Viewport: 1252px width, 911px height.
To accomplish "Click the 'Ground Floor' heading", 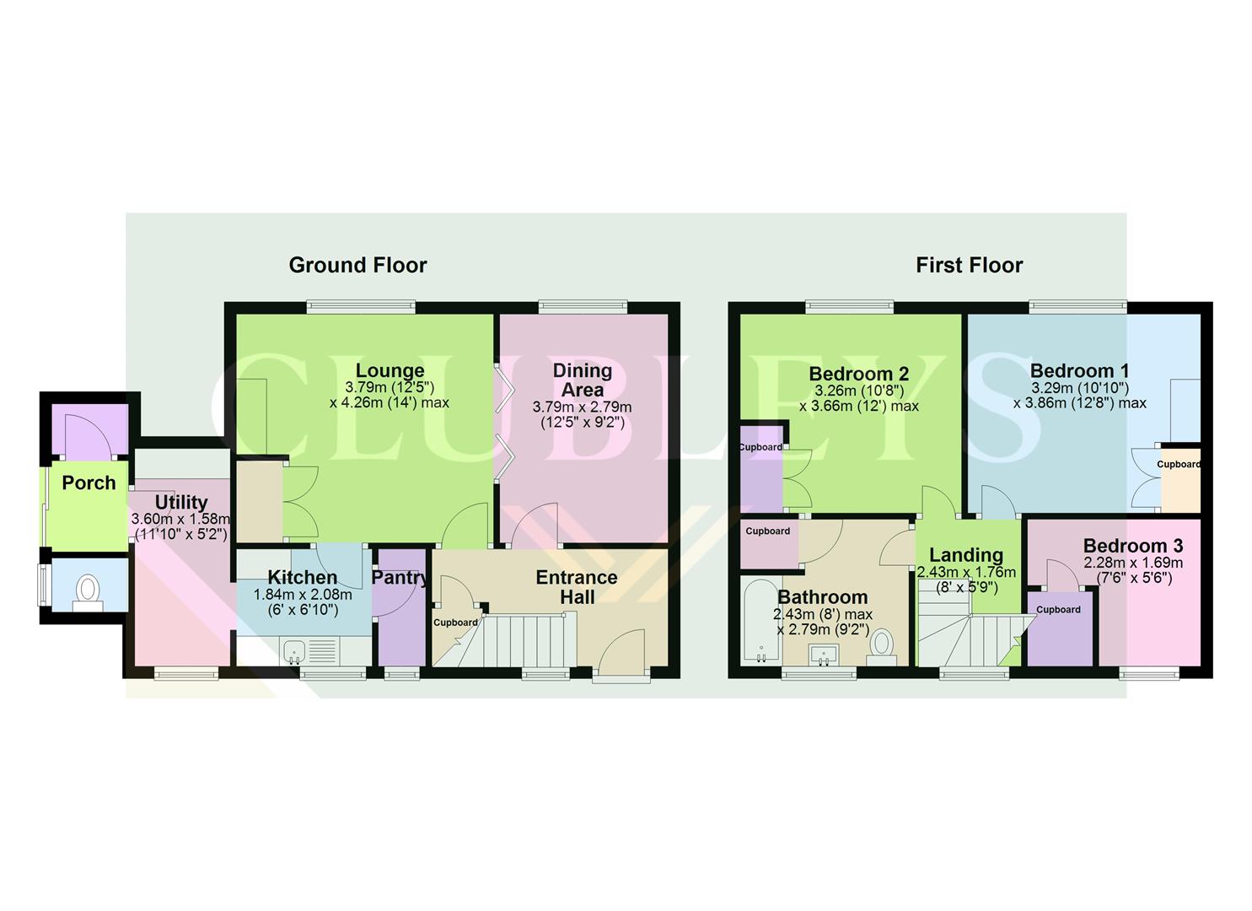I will [357, 265].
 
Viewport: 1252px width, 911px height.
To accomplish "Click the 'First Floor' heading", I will [969, 265].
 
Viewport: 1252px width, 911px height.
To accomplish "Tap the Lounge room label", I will [390, 370].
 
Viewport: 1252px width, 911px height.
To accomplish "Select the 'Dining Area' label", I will [582, 380].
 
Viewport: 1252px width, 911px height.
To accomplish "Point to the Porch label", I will [89, 482].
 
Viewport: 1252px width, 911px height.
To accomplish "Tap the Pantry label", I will [400, 578].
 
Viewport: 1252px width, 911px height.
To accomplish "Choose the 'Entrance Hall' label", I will [577, 587].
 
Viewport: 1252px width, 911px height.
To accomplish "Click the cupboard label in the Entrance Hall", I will [455, 623].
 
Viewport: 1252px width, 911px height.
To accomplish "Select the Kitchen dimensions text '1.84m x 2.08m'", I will [303, 595].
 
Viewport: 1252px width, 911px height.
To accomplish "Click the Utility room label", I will [180, 503].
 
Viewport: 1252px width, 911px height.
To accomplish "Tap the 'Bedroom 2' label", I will [858, 374].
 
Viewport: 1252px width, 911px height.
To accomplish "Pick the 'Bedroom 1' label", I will [1079, 370].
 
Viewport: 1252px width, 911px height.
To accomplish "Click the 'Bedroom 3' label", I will [1132, 546].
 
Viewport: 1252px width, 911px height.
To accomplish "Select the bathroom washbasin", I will [819, 653].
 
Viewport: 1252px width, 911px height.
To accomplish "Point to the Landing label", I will [965, 555].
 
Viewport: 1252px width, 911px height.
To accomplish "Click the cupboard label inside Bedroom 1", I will [1178, 464].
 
